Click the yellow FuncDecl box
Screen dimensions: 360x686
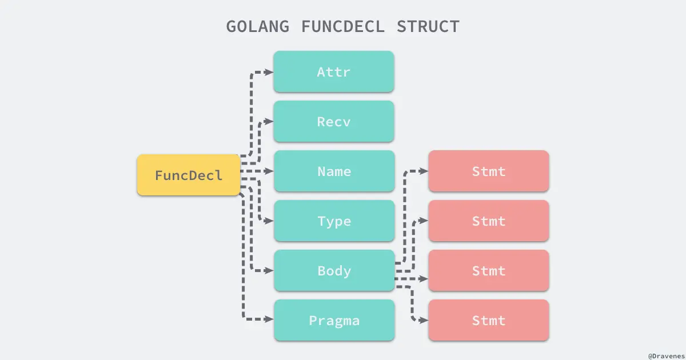[x=189, y=175]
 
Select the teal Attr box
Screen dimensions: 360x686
[x=334, y=72]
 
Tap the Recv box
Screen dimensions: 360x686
[x=334, y=122]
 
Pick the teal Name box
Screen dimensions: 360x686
[x=334, y=171]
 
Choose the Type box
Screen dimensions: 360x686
[x=334, y=221]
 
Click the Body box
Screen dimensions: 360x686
[x=334, y=271]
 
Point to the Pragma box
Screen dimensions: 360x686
[x=334, y=321]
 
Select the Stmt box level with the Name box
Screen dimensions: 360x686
[x=489, y=171]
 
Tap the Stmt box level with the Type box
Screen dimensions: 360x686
[x=489, y=221]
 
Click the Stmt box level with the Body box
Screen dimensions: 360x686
[x=489, y=271]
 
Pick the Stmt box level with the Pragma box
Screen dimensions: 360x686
[x=489, y=321]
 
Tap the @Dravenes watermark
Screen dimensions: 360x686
[x=665, y=354]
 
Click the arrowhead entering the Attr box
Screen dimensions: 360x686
[x=269, y=72]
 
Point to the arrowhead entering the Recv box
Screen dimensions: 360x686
[x=269, y=121]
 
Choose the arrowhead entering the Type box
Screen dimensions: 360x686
[x=269, y=221]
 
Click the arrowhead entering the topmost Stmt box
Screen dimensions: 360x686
[x=424, y=171]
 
